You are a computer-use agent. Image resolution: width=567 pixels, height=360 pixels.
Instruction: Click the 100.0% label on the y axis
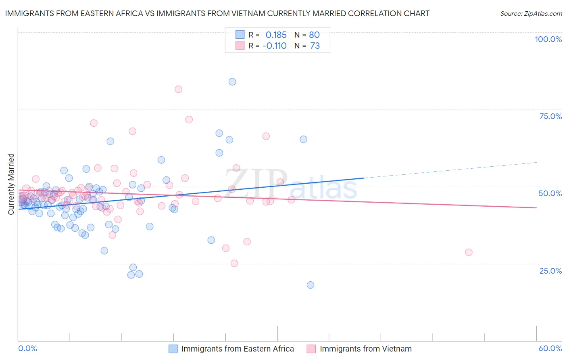[548, 39]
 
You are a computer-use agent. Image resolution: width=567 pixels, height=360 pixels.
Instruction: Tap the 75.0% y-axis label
[550, 116]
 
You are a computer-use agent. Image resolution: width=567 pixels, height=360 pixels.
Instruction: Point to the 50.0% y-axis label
[550, 193]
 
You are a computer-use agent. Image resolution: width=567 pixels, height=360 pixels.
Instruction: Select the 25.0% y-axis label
[550, 271]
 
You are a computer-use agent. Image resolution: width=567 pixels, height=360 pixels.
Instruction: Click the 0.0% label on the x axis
[27, 348]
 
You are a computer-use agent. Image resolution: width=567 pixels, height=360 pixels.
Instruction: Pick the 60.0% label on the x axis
[550, 348]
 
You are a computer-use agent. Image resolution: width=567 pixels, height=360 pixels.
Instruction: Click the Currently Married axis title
[11, 184]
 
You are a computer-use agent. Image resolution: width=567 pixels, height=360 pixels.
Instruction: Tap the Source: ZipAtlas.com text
[531, 13]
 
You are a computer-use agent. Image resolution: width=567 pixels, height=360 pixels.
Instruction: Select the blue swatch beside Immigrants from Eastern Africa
[173, 349]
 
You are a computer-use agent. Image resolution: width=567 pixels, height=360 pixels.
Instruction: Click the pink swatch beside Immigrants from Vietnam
[311, 349]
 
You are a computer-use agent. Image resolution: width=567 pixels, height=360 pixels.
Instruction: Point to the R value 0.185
[276, 35]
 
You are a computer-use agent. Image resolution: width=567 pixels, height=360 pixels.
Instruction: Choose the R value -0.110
[274, 46]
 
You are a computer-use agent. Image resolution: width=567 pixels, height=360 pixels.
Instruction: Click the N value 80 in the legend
[314, 35]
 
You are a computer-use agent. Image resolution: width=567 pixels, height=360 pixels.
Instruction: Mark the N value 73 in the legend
[315, 46]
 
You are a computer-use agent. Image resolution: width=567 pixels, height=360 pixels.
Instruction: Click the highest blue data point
[232, 82]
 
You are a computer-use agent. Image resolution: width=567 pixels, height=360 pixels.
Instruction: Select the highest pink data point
[178, 89]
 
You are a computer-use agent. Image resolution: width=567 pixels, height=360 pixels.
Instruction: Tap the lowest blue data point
[310, 285]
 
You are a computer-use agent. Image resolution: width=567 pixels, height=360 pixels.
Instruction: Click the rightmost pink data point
[469, 252]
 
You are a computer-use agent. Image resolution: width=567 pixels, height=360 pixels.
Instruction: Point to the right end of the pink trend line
[536, 207]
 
